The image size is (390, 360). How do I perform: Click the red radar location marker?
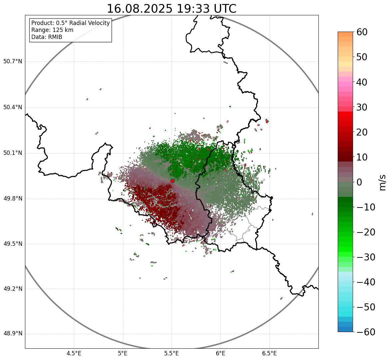[x=173, y=181]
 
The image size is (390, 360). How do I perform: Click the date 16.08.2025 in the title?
[x=140, y=9]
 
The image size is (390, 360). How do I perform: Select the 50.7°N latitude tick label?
[x=13, y=61]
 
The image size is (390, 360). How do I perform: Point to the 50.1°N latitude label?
[x=13, y=153]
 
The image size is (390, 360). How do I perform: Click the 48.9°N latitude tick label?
[x=13, y=334]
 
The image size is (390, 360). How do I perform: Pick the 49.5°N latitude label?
[x=13, y=244]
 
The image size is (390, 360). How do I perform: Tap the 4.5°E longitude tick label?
[x=74, y=353]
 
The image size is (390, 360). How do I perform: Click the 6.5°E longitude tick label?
[x=269, y=353]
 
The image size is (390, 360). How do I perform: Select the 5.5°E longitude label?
[x=172, y=353]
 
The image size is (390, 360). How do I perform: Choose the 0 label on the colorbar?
[x=359, y=182]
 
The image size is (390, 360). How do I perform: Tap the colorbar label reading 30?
[x=362, y=107]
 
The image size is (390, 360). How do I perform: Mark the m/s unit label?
[x=383, y=182]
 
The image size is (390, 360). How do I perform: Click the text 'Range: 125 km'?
[x=52, y=30]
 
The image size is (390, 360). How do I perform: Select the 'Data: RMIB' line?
[x=47, y=37]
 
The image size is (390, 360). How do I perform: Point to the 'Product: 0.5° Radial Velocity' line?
[x=70, y=23]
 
